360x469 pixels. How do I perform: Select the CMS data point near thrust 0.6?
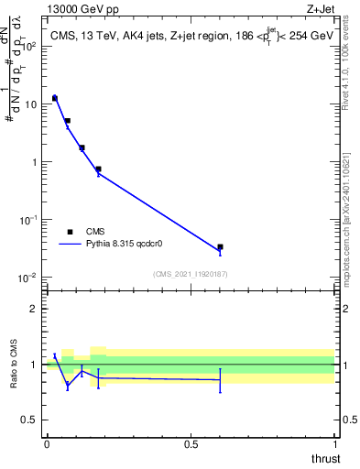[221, 246]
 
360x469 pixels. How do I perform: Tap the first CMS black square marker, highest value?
[55, 98]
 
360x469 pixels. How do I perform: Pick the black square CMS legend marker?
[70, 232]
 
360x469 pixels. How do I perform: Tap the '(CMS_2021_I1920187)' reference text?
[190, 274]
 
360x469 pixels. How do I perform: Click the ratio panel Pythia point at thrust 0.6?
[221, 379]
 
